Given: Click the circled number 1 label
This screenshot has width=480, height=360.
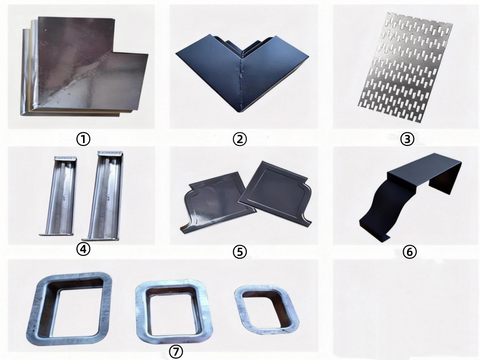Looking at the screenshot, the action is pyautogui.click(x=83, y=139).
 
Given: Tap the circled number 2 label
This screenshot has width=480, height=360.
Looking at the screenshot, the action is pyautogui.click(x=240, y=139).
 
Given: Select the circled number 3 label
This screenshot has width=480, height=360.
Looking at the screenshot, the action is pyautogui.click(x=407, y=139).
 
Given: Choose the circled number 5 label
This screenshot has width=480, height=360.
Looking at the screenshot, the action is pyautogui.click(x=240, y=252).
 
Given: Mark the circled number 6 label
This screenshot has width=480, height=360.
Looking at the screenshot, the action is pyautogui.click(x=409, y=252).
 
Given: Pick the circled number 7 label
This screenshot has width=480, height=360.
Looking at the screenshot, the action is pyautogui.click(x=176, y=352).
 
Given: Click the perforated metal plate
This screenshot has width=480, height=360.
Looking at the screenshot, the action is pyautogui.click(x=406, y=67).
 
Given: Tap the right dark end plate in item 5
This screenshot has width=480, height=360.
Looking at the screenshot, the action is pyautogui.click(x=276, y=193).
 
